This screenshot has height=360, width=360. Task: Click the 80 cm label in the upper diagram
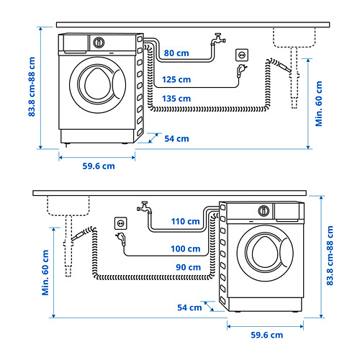click(177, 53)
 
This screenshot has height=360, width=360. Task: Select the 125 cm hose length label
click(176, 79)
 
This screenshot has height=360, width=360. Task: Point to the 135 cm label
click(176, 98)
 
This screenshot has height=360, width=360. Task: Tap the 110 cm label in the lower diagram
click(185, 222)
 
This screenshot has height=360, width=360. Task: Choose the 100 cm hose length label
click(185, 248)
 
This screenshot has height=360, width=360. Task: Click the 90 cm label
click(188, 267)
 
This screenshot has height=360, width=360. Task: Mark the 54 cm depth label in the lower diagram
click(190, 307)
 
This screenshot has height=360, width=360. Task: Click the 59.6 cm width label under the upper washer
click(98, 166)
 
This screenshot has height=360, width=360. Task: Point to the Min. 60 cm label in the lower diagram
click(45, 272)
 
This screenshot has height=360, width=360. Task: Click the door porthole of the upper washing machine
click(98, 84)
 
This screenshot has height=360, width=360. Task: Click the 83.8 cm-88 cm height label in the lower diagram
click(330, 255)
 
